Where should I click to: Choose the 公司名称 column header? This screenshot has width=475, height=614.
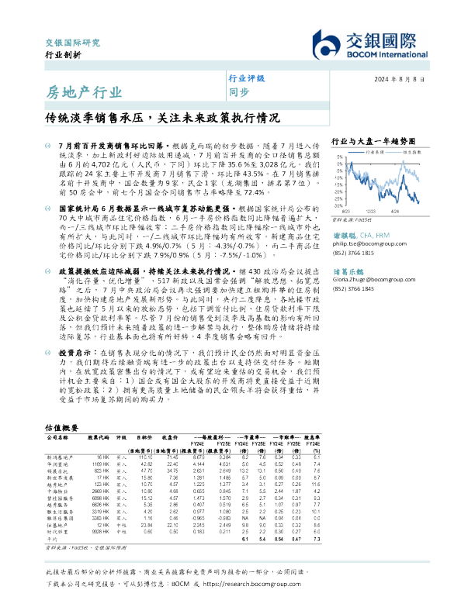[x=60, y=437]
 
